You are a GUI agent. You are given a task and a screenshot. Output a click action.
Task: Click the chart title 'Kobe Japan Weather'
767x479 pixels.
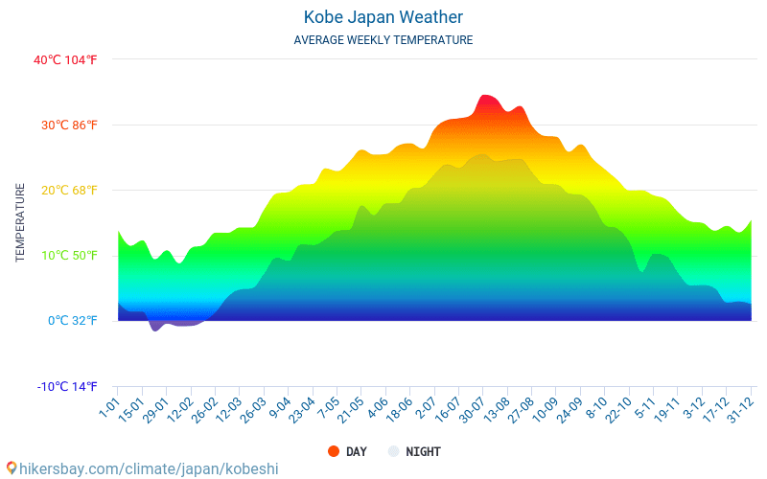pyautogui.click(x=383, y=17)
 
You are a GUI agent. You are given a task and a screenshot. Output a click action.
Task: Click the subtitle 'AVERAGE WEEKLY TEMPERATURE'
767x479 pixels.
pyautogui.click(x=383, y=40)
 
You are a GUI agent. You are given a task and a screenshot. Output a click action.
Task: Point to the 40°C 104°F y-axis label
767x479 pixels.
pyautogui.click(x=65, y=60)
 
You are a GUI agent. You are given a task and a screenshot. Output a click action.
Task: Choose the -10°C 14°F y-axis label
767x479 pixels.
pyautogui.click(x=67, y=387)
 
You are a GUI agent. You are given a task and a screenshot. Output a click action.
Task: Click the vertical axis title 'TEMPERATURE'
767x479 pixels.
pyautogui.click(x=20, y=223)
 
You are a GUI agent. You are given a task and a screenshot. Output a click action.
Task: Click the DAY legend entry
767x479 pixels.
pyautogui.click(x=356, y=452)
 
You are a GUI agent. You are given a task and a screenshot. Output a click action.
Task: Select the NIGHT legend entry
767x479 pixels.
pyautogui.click(x=423, y=452)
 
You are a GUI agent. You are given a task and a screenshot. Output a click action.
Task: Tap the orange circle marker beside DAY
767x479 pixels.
pyautogui.click(x=334, y=452)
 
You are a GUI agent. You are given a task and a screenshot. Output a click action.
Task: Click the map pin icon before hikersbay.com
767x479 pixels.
pyautogui.click(x=11, y=468)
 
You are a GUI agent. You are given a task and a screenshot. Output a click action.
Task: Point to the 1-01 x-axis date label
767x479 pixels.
pyautogui.click(x=107, y=409)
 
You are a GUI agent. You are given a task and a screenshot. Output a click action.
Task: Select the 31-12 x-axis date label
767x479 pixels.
pyautogui.click(x=739, y=411)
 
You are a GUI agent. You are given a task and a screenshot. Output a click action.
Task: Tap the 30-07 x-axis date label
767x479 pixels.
pyautogui.click(x=471, y=411)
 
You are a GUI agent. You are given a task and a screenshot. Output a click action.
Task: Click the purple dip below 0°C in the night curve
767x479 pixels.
pyautogui.click(x=155, y=327)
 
